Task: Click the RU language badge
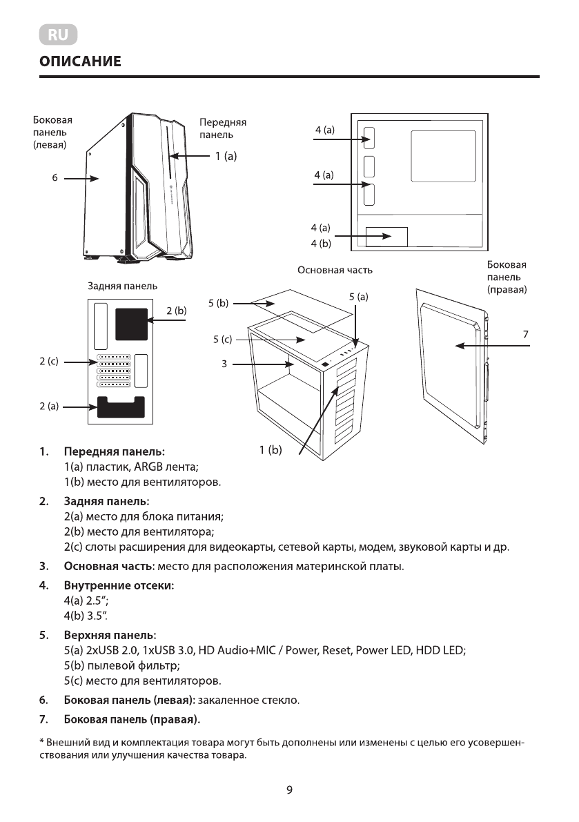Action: [58, 35]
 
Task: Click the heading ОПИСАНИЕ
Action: [80, 62]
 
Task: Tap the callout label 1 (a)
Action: [225, 157]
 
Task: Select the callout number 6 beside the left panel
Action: [55, 178]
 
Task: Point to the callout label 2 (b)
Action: [177, 312]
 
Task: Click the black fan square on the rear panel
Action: [131, 324]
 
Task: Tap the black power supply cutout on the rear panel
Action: [121, 407]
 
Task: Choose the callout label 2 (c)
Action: [48, 361]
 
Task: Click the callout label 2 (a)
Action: [48, 407]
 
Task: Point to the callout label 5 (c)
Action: [223, 339]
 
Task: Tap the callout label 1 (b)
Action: [271, 451]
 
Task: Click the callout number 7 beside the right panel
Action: [525, 334]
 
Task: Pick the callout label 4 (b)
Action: [321, 243]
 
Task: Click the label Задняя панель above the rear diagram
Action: [122, 286]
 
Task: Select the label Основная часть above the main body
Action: [330, 270]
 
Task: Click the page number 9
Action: [290, 790]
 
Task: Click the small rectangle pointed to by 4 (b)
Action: [386, 237]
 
